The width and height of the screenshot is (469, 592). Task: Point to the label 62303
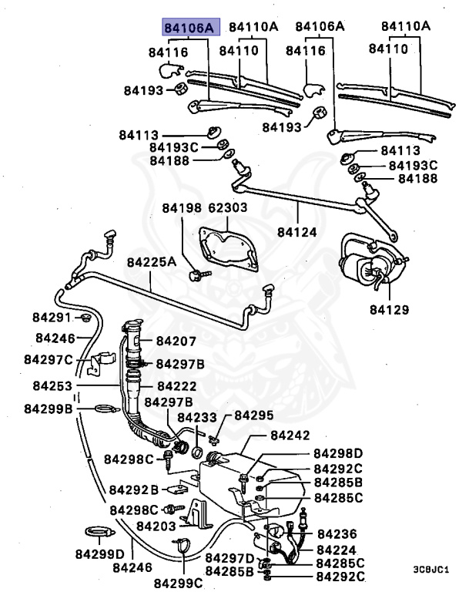point(227,208)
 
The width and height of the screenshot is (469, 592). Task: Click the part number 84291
point(52,318)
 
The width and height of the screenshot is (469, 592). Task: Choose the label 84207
point(176,341)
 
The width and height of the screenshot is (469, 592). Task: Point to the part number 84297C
point(48,359)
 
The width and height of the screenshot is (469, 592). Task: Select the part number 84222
point(176,385)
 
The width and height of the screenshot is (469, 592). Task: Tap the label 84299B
point(48,409)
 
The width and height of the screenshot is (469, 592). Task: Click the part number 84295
point(253,415)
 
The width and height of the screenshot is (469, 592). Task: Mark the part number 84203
point(156,526)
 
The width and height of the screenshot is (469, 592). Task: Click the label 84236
point(337,533)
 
